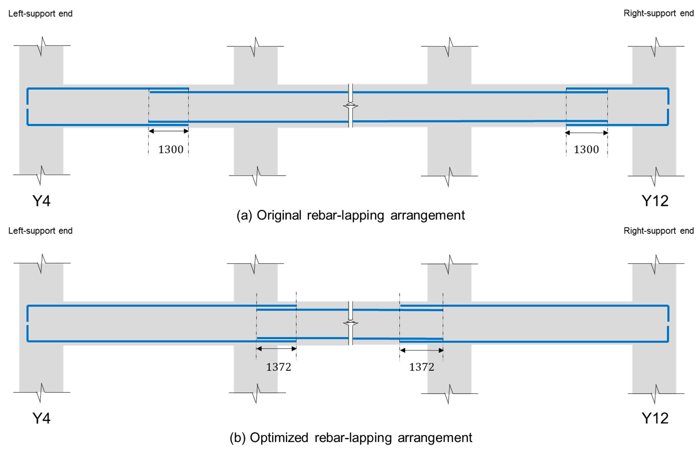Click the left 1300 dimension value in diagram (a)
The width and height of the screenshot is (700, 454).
171,150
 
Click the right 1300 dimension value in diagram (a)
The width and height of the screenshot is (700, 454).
586,150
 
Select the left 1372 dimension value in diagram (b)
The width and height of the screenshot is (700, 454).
278,367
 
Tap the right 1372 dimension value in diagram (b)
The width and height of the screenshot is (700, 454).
421,367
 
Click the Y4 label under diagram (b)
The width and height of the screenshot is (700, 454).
41,418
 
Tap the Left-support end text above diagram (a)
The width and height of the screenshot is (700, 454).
40,13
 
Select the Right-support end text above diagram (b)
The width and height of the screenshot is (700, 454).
658,231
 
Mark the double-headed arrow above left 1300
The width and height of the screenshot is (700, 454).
169,131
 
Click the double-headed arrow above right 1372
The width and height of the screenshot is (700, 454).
421,350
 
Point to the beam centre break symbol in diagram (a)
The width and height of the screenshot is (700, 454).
350,106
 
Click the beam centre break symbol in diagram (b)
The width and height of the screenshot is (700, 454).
350,323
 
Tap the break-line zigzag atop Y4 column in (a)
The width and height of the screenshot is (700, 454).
42,46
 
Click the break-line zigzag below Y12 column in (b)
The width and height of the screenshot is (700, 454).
655,393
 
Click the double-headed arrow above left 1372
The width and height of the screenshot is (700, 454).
276,349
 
